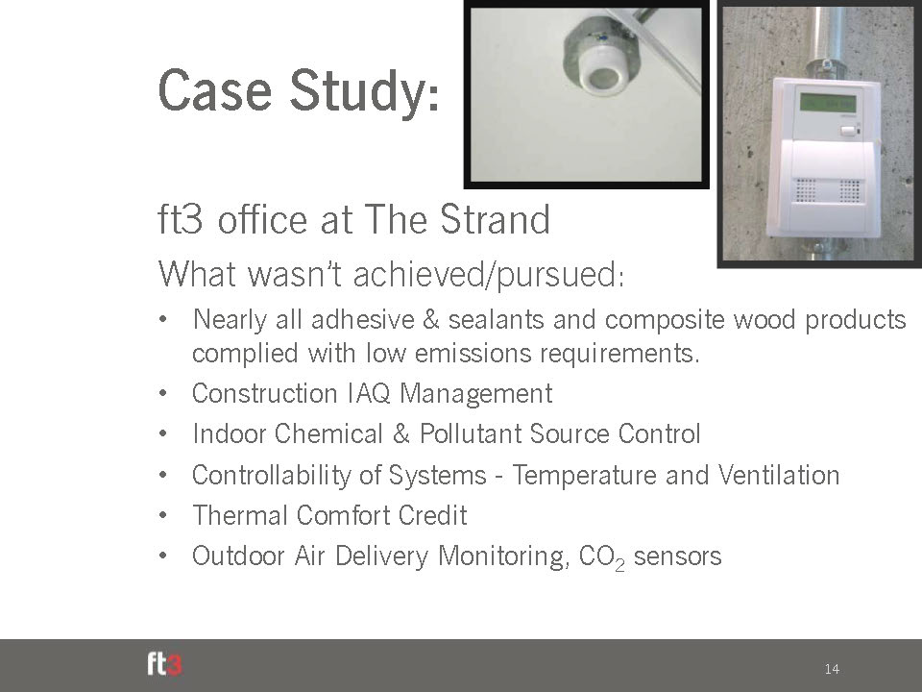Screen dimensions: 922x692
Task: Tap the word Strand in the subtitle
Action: [495, 219]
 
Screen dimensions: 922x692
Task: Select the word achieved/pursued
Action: [488, 275]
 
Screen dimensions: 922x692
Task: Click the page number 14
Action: [832, 669]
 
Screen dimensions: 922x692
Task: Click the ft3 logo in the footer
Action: [164, 664]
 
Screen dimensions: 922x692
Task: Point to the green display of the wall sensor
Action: [827, 103]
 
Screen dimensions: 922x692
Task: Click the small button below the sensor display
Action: [847, 132]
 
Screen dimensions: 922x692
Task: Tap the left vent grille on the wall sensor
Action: [805, 190]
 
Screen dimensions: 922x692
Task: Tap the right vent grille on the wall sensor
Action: [849, 190]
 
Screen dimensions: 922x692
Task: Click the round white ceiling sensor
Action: [599, 74]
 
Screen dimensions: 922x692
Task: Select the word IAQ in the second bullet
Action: [368, 394]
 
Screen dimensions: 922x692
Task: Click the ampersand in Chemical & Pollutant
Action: [401, 434]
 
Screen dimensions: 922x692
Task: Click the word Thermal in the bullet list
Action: [240, 515]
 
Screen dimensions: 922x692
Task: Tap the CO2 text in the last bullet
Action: [601, 557]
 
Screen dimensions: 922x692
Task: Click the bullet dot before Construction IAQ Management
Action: [163, 394]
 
